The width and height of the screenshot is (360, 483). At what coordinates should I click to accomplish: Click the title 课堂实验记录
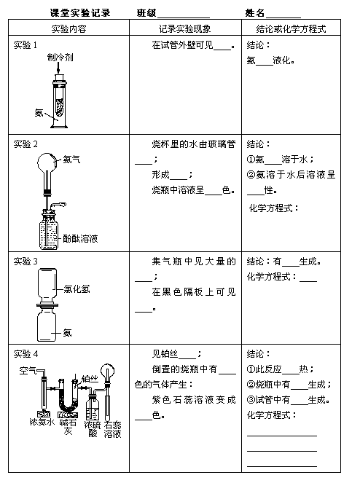point(80,13)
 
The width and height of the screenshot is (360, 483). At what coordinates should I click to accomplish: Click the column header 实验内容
point(69,29)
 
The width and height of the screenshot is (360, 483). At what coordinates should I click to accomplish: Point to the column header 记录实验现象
point(185,29)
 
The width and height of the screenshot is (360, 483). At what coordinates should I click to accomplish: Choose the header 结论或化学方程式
point(291,29)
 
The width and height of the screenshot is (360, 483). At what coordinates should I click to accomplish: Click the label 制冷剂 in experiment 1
point(60,58)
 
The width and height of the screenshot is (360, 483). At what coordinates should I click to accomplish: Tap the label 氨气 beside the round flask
point(71,160)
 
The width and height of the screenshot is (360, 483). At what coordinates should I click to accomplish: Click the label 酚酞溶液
point(80,238)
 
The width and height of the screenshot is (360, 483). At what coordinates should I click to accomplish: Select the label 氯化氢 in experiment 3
point(77,289)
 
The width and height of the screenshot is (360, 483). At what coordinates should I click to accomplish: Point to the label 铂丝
point(90,379)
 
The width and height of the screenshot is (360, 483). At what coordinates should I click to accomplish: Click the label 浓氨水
point(42,422)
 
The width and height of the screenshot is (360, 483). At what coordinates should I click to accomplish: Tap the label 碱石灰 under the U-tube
point(68,427)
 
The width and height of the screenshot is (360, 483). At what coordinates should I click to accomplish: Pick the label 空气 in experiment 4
point(28,370)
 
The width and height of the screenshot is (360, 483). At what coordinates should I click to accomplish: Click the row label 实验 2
point(26,144)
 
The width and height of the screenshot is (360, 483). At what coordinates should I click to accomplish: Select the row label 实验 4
point(26,353)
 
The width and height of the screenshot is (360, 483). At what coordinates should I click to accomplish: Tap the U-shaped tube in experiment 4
point(69,398)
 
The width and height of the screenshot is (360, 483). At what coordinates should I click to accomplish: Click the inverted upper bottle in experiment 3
point(47,285)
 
